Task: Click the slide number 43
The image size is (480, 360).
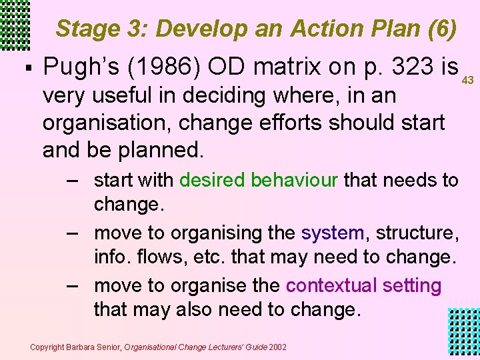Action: (x=467, y=81)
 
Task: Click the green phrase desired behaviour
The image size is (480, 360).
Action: (x=259, y=180)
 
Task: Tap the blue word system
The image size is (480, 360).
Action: (x=332, y=233)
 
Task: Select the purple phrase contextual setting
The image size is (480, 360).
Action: (x=363, y=285)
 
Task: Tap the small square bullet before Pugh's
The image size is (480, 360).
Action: (x=25, y=67)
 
